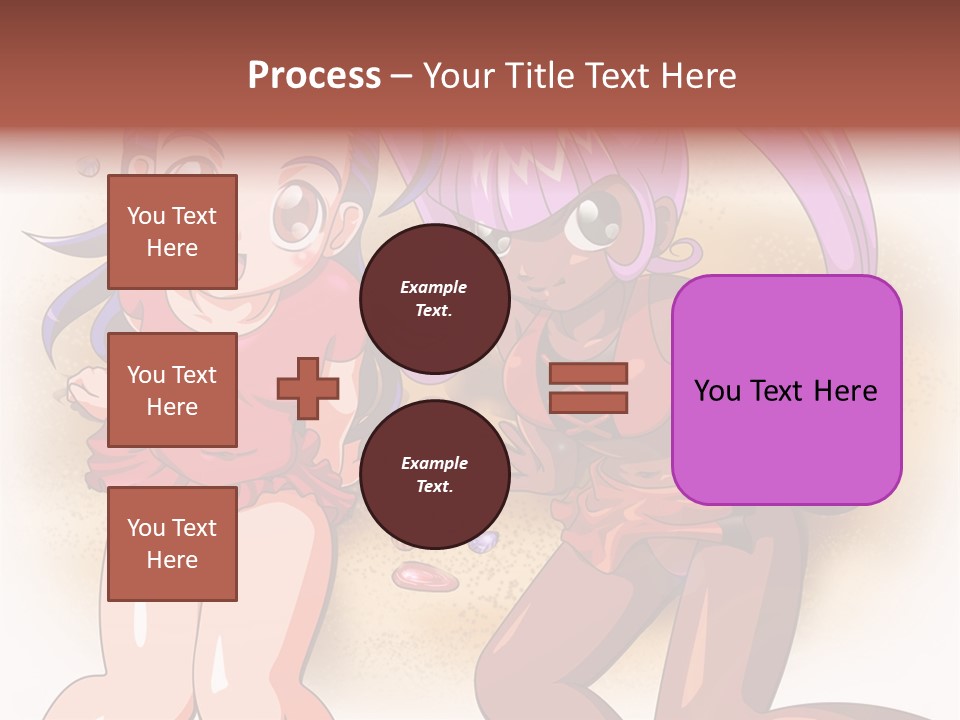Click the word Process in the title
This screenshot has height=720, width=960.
point(314,76)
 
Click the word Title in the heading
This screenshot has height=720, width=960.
point(539,76)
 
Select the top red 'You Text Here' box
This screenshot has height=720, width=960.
point(172,233)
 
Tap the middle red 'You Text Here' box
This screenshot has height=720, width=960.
point(172,390)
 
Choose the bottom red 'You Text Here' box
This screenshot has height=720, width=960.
point(172,543)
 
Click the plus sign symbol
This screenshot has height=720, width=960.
point(308,388)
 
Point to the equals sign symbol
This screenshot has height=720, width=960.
point(588,388)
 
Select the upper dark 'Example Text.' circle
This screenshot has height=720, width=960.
point(434,298)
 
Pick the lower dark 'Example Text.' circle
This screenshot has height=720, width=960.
point(434,474)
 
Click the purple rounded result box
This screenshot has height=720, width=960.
point(786,389)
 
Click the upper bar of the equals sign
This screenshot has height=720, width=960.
point(588,374)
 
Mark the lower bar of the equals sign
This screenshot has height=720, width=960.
point(588,402)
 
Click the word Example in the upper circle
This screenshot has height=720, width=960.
point(434,287)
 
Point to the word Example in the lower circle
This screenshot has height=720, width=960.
point(434,463)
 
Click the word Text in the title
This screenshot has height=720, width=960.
point(616,76)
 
